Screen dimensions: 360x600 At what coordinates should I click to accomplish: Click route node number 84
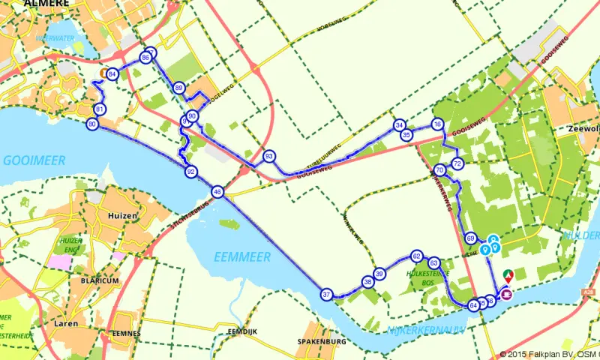tap(112, 74)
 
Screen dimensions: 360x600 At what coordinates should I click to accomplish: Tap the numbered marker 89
tap(178, 88)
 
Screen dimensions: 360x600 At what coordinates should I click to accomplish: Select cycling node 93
tap(269, 156)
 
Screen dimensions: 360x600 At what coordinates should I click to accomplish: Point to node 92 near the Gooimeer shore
tap(191, 172)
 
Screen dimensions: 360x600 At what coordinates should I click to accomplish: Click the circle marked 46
tap(217, 192)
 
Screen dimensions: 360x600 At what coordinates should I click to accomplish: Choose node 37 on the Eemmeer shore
tap(326, 295)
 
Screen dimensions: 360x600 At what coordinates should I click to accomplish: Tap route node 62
tap(416, 256)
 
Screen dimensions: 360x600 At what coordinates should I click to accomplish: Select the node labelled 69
tap(470, 238)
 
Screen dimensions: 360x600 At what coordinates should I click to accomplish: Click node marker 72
tap(457, 163)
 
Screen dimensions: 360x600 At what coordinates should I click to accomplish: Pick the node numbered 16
tap(438, 124)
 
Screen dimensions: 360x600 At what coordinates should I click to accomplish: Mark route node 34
tap(400, 125)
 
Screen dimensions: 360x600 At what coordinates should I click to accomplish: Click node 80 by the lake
tap(92, 124)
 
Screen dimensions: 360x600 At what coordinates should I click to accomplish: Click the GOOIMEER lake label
tap(34, 160)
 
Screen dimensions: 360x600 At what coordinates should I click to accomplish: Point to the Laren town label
tap(66, 324)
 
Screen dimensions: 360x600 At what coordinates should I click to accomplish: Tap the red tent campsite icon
tap(508, 275)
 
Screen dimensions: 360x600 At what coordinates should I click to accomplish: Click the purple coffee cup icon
tap(507, 294)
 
